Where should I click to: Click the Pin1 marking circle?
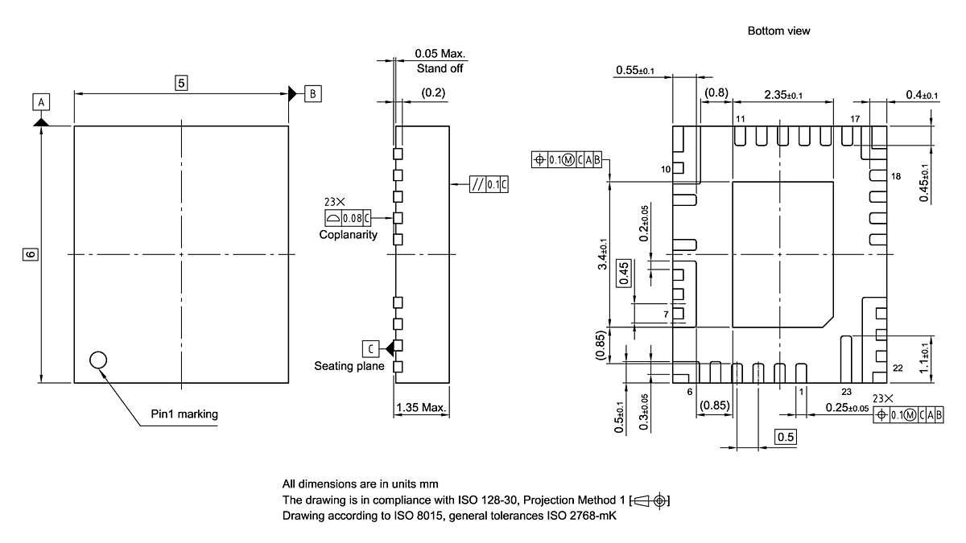(98, 360)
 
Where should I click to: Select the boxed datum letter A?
(41, 101)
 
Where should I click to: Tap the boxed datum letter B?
(312, 94)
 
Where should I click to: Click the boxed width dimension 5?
(181, 82)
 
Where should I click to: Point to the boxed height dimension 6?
(30, 254)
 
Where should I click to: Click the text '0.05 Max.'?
(440, 54)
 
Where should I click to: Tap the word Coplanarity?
(348, 235)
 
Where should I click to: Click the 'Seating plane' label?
(349, 367)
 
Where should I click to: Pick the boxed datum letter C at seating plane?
(369, 349)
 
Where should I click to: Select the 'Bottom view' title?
(778, 31)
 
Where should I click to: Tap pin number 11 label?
(740, 119)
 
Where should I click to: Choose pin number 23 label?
(846, 391)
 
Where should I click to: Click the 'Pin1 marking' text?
(184, 415)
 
